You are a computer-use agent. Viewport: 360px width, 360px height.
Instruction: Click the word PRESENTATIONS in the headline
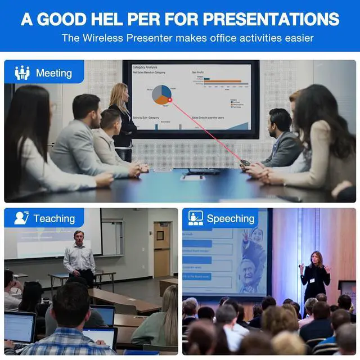(x=271, y=19)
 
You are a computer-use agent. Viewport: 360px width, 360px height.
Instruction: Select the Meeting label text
(x=54, y=73)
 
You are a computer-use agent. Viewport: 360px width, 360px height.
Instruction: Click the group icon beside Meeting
(x=22, y=73)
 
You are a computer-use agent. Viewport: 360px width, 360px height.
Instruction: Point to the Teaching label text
(x=54, y=219)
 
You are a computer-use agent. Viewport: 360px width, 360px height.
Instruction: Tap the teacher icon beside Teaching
(x=21, y=218)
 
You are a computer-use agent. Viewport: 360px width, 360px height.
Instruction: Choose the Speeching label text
(x=231, y=219)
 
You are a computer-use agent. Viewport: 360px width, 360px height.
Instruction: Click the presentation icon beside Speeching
(x=196, y=218)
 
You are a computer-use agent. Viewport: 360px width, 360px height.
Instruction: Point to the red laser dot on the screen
(x=170, y=100)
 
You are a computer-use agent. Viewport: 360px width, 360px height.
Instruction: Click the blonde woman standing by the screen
(x=122, y=118)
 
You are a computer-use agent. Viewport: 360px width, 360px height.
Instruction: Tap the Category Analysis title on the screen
(x=145, y=67)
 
